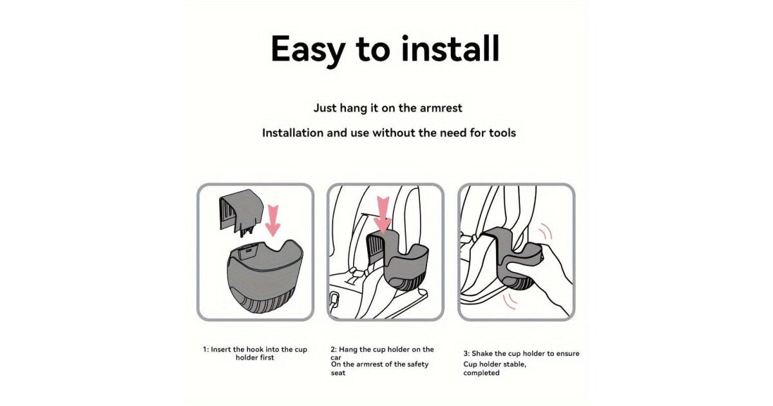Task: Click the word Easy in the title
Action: [x=308, y=50]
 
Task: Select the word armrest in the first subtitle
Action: [x=441, y=108]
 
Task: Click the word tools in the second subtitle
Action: [x=502, y=133]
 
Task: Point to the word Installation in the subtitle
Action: [x=292, y=133]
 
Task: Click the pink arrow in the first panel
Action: [x=272, y=220]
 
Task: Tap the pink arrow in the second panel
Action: [x=383, y=215]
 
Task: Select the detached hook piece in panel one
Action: [x=241, y=212]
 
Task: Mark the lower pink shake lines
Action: [x=510, y=302]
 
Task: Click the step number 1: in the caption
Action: [x=206, y=349]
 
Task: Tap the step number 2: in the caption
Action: [x=334, y=349]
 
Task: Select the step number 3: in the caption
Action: [x=466, y=354]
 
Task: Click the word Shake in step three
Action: [x=482, y=354]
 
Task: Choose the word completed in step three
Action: [x=481, y=373]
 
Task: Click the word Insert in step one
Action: [x=221, y=349]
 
